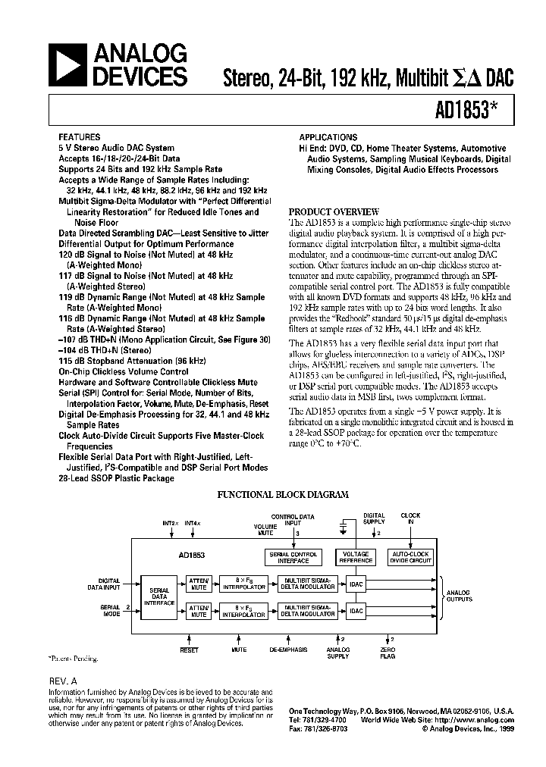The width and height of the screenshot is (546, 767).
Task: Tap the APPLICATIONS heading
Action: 328,137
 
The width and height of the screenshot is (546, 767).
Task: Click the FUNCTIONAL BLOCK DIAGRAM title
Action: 283,494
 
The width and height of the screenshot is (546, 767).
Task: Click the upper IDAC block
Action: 356,584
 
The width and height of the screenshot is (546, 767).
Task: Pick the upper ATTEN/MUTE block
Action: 199,584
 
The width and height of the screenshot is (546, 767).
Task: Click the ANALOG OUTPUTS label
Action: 458,596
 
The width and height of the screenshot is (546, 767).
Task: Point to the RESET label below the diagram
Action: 189,650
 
